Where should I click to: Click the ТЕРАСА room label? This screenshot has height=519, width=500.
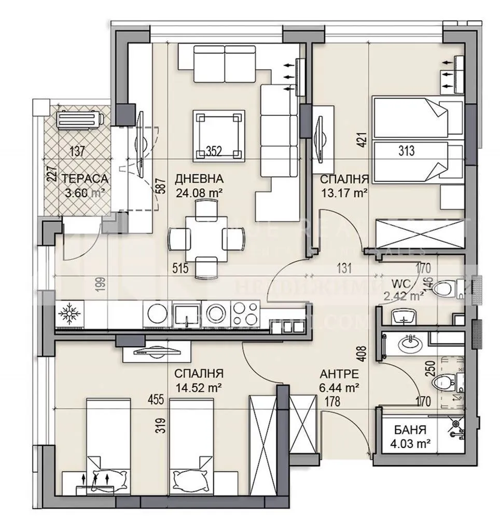pyautogui.click(x=85, y=179)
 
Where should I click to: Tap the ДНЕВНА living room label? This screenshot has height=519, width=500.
pyautogui.click(x=199, y=179)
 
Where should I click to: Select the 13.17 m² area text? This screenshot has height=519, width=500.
pyautogui.click(x=344, y=193)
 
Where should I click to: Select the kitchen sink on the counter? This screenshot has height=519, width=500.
pyautogui.click(x=183, y=313)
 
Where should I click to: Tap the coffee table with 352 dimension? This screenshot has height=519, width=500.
pyautogui.click(x=218, y=135)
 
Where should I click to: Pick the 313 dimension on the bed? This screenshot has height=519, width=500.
pyautogui.click(x=407, y=151)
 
